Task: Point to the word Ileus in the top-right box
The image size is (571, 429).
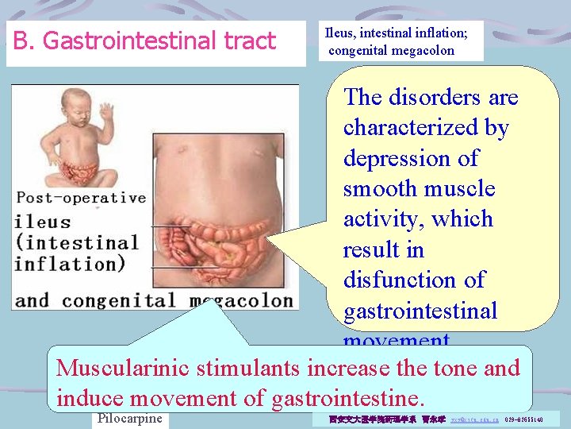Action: coord(338,33)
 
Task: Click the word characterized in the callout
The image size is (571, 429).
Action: coord(426,127)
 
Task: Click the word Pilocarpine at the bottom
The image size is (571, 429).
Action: coord(128,419)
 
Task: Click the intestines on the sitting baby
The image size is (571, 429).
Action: coord(75,170)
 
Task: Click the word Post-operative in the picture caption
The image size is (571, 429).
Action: coord(81,198)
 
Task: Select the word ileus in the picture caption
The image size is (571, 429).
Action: coord(43,222)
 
